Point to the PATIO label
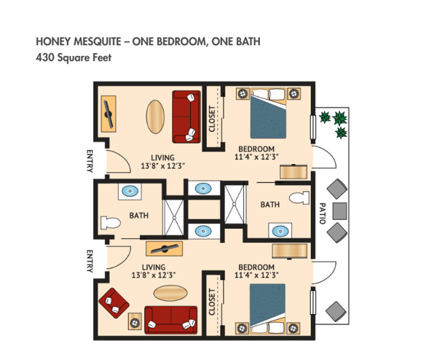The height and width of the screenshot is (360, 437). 322,213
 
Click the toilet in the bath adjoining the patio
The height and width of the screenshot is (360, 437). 299,198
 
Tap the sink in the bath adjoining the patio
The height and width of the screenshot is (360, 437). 279,232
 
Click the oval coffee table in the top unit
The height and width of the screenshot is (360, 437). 156,116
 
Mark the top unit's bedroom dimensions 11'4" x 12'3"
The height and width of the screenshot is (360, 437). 257,156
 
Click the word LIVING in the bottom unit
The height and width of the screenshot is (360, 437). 154,267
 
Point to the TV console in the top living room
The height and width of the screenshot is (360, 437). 109,115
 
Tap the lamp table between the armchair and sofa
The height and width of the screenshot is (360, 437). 133,321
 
